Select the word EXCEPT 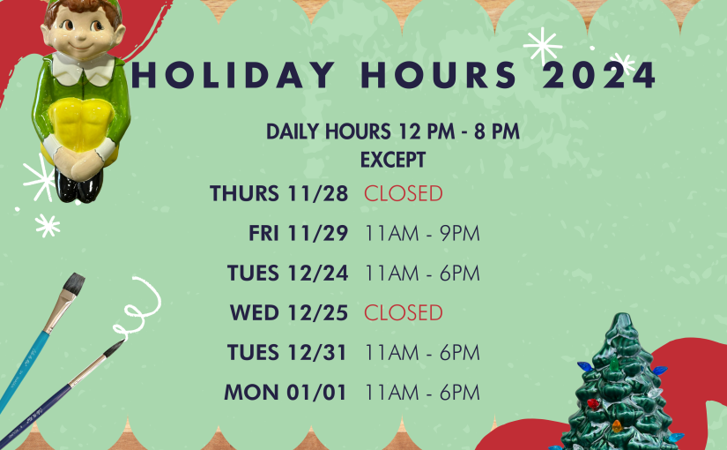tap(393, 161)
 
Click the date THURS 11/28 tap(278, 193)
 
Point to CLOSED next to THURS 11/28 tap(404, 193)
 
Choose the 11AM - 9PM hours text tap(422, 233)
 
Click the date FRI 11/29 tap(298, 233)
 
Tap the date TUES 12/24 tap(287, 273)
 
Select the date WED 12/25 tap(289, 312)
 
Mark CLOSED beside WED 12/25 tap(404, 312)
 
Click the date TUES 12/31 tap(287, 352)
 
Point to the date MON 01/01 tap(286, 393)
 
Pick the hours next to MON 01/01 tap(422, 393)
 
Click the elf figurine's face tap(83, 32)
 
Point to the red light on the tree tap(592, 402)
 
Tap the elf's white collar tap(83, 68)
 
